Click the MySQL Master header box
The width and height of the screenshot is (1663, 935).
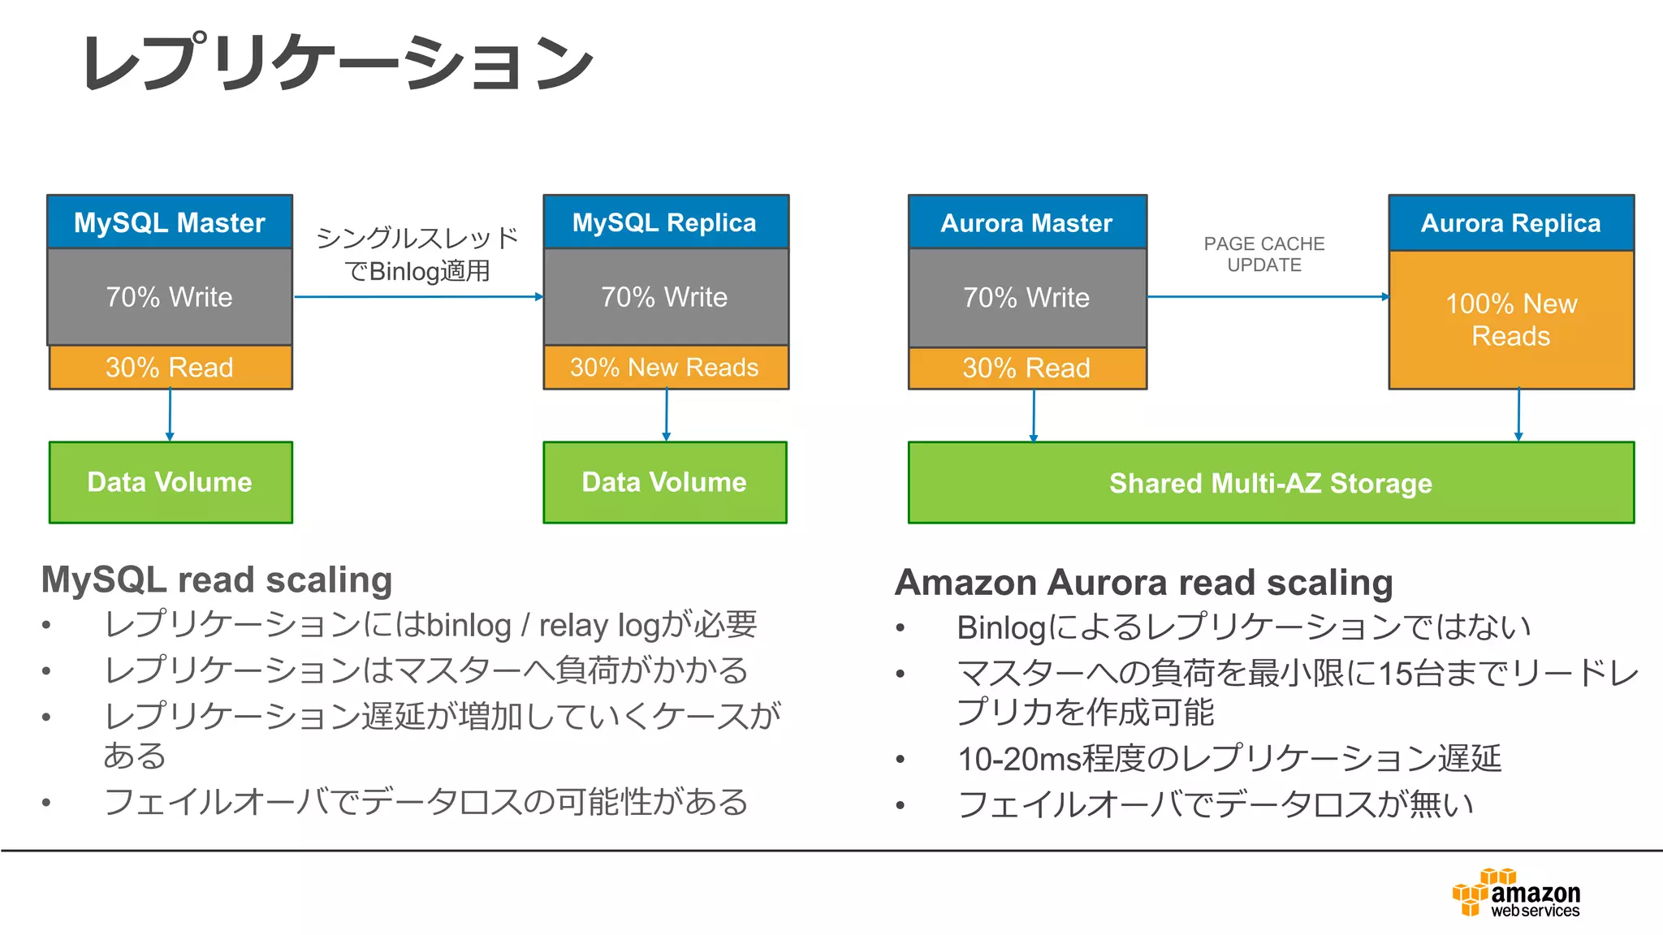click(x=170, y=222)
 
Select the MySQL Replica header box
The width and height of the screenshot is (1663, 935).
click(x=665, y=222)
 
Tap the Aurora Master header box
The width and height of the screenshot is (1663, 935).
click(x=1027, y=222)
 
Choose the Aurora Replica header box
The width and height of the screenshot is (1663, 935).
click(x=1510, y=222)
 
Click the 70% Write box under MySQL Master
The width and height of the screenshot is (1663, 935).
click(x=170, y=297)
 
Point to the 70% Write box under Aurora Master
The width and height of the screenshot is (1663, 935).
click(x=1027, y=298)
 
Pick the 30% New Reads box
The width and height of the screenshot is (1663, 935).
click(x=665, y=368)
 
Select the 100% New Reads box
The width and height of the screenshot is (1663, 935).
click(x=1510, y=320)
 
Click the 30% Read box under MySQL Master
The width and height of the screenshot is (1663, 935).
click(x=170, y=368)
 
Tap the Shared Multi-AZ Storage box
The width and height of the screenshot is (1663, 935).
click(x=1271, y=483)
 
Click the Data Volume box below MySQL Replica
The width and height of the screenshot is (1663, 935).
click(x=665, y=482)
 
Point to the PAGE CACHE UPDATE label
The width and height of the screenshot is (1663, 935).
click(x=1264, y=254)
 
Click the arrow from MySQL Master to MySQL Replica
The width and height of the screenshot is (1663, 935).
click(x=417, y=297)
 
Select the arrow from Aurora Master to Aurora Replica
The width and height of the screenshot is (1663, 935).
click(x=1267, y=297)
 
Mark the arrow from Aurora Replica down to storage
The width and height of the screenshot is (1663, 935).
click(x=1518, y=415)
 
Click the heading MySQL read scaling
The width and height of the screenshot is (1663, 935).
click(x=217, y=580)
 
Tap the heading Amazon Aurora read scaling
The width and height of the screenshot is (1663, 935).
click(x=1143, y=583)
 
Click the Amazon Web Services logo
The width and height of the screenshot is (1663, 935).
click(x=1516, y=893)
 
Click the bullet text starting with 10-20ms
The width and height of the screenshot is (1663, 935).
click(x=1229, y=759)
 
